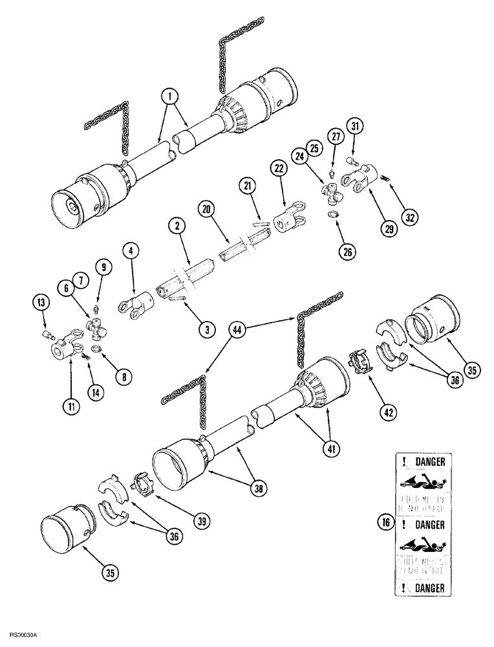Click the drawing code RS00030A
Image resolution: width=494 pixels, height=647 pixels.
point(23,636)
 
